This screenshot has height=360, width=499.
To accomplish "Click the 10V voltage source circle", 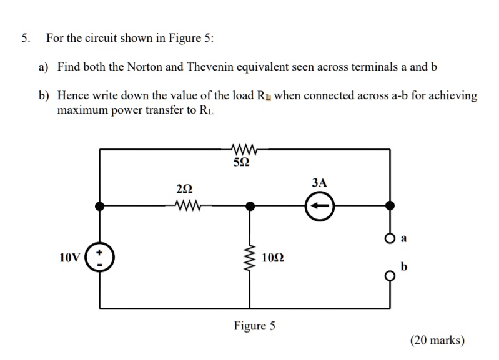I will pos(101,256).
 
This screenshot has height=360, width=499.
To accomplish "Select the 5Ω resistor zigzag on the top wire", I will pos(240,149).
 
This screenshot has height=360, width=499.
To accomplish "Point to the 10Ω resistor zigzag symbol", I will pos(250,257).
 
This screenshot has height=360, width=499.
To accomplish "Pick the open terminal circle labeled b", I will pos(390,275).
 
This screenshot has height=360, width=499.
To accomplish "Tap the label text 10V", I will pos(70,257).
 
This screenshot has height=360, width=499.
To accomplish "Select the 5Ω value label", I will pos(240,163).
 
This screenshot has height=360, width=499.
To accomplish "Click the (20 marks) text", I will pos(437,340).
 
